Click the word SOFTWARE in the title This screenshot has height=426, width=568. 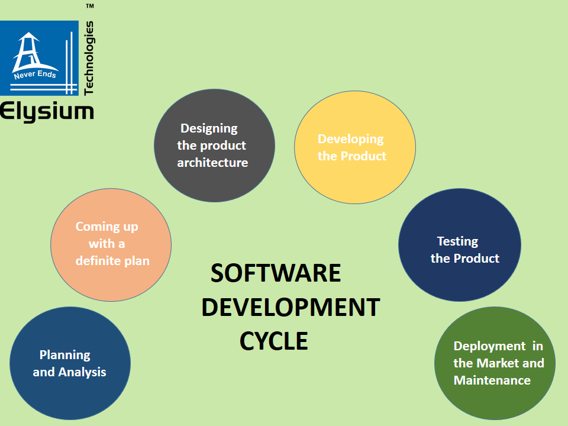pyautogui.click(x=276, y=273)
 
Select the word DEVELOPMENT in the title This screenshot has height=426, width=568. pyautogui.click(x=291, y=308)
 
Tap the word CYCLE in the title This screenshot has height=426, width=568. pyautogui.click(x=273, y=341)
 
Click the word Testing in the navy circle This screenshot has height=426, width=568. pyautogui.click(x=457, y=241)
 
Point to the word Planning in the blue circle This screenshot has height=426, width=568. pyautogui.click(x=64, y=355)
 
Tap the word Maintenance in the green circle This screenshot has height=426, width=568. pyautogui.click(x=492, y=380)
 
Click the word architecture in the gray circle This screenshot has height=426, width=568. pyautogui.click(x=212, y=163)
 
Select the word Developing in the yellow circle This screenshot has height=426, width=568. pyautogui.click(x=350, y=139)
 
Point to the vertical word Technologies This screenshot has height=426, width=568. pyautogui.click(x=89, y=58)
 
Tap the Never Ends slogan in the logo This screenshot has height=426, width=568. pyautogui.click(x=35, y=75)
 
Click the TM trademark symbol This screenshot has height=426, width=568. pyautogui.click(x=90, y=6)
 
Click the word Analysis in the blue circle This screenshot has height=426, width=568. pyautogui.click(x=82, y=372)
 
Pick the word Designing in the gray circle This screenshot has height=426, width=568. pyautogui.click(x=209, y=128)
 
